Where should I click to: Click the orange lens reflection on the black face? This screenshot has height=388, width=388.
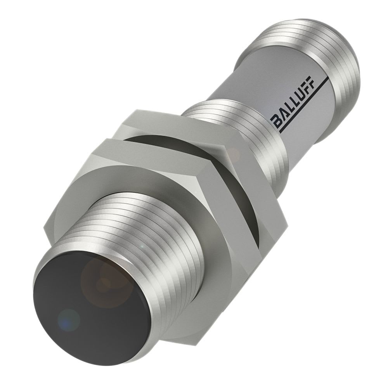click(103, 277)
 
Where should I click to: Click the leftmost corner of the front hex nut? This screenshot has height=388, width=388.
click(44, 229)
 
